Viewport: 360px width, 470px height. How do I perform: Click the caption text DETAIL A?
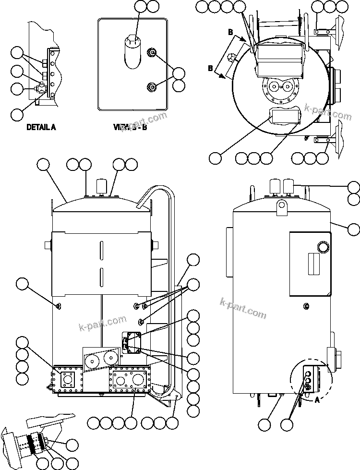coord(41,127)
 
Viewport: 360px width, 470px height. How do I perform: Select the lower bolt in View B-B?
coord(153,86)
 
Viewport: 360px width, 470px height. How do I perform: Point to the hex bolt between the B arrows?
coord(230,59)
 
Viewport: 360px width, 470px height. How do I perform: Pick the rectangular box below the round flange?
coord(285,116)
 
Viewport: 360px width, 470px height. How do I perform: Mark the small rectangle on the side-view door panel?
coord(314,265)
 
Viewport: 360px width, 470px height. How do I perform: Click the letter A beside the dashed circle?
coord(316,398)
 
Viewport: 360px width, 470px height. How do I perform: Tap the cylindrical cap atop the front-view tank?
coord(102,186)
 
